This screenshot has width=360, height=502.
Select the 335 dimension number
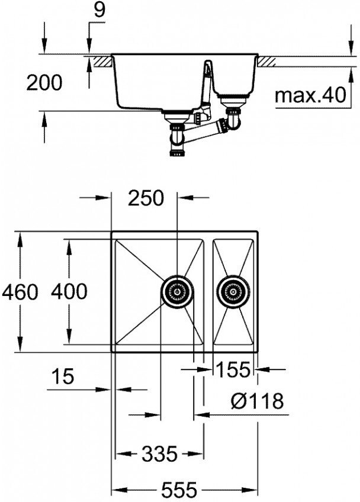click(159, 453)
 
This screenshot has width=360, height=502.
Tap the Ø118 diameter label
click(257, 400)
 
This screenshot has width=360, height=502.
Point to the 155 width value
click(233, 369)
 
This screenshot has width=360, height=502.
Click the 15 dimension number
click(63, 376)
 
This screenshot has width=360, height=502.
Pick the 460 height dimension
click(20, 292)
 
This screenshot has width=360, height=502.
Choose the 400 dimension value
click(69, 291)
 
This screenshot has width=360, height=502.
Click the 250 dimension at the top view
click(146, 198)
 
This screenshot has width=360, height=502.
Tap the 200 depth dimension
click(44, 83)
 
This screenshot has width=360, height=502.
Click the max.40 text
click(310, 95)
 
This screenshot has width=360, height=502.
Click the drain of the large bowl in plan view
click(177, 292)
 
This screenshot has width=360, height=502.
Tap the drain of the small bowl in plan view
click(233, 292)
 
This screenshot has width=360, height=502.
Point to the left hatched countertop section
click(103, 62)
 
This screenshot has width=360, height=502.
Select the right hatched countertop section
click(267, 62)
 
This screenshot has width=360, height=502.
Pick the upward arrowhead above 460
click(20, 240)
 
